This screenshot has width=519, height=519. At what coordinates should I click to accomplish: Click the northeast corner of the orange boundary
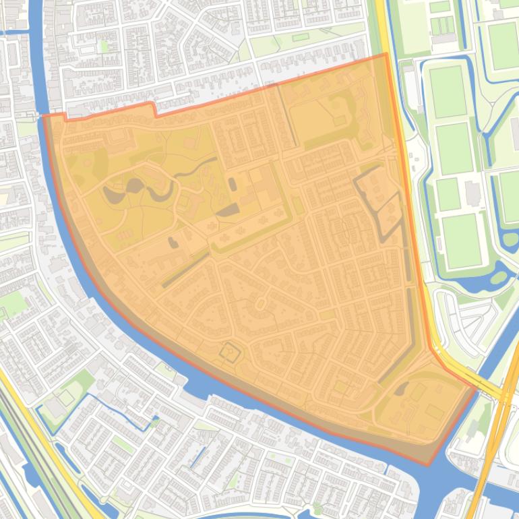386,55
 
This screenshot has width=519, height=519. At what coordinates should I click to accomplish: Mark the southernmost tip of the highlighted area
427,464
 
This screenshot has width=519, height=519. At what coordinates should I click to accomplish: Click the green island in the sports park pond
498,277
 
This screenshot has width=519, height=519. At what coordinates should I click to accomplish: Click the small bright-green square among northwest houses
103,46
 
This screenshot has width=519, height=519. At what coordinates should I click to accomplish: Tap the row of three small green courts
441,26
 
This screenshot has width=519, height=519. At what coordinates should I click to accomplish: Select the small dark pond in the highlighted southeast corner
400,389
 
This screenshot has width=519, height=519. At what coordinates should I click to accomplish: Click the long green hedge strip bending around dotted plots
253,233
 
